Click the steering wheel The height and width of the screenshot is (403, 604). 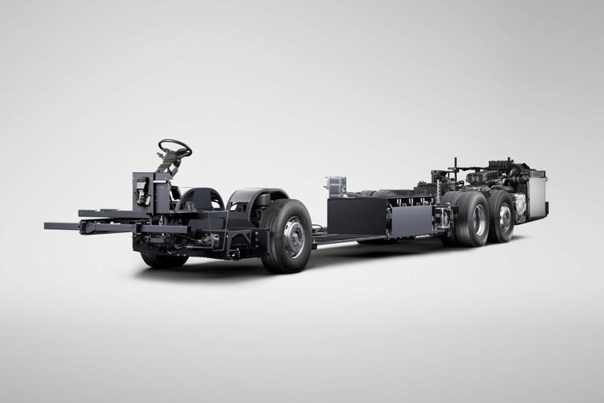[175, 147]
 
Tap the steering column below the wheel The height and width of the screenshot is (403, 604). [167, 165]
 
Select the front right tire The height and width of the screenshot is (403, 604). [285, 235]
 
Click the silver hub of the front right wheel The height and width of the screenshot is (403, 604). [294, 237]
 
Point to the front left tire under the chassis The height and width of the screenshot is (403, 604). [162, 259]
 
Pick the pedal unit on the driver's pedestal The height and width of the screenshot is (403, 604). [142, 190]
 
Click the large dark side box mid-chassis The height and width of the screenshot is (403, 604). [356, 216]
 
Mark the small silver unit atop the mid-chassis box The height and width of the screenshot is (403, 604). [335, 186]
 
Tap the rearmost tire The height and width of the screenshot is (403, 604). [501, 216]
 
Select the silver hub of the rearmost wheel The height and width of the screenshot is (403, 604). [505, 217]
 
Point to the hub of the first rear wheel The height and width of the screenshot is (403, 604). [478, 220]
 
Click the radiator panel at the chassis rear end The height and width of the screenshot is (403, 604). [537, 197]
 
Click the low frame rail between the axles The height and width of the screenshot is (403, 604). [346, 238]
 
